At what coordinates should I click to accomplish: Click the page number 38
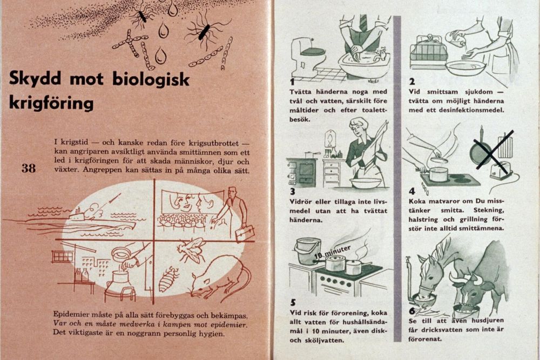(x=28, y=168)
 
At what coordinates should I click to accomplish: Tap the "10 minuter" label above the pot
(x=333, y=251)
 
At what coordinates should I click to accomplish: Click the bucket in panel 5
(x=307, y=250)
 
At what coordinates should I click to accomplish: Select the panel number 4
(x=412, y=191)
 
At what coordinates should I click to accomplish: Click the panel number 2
(x=411, y=82)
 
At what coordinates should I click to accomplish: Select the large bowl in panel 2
(x=465, y=68)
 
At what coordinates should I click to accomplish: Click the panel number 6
(x=412, y=311)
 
